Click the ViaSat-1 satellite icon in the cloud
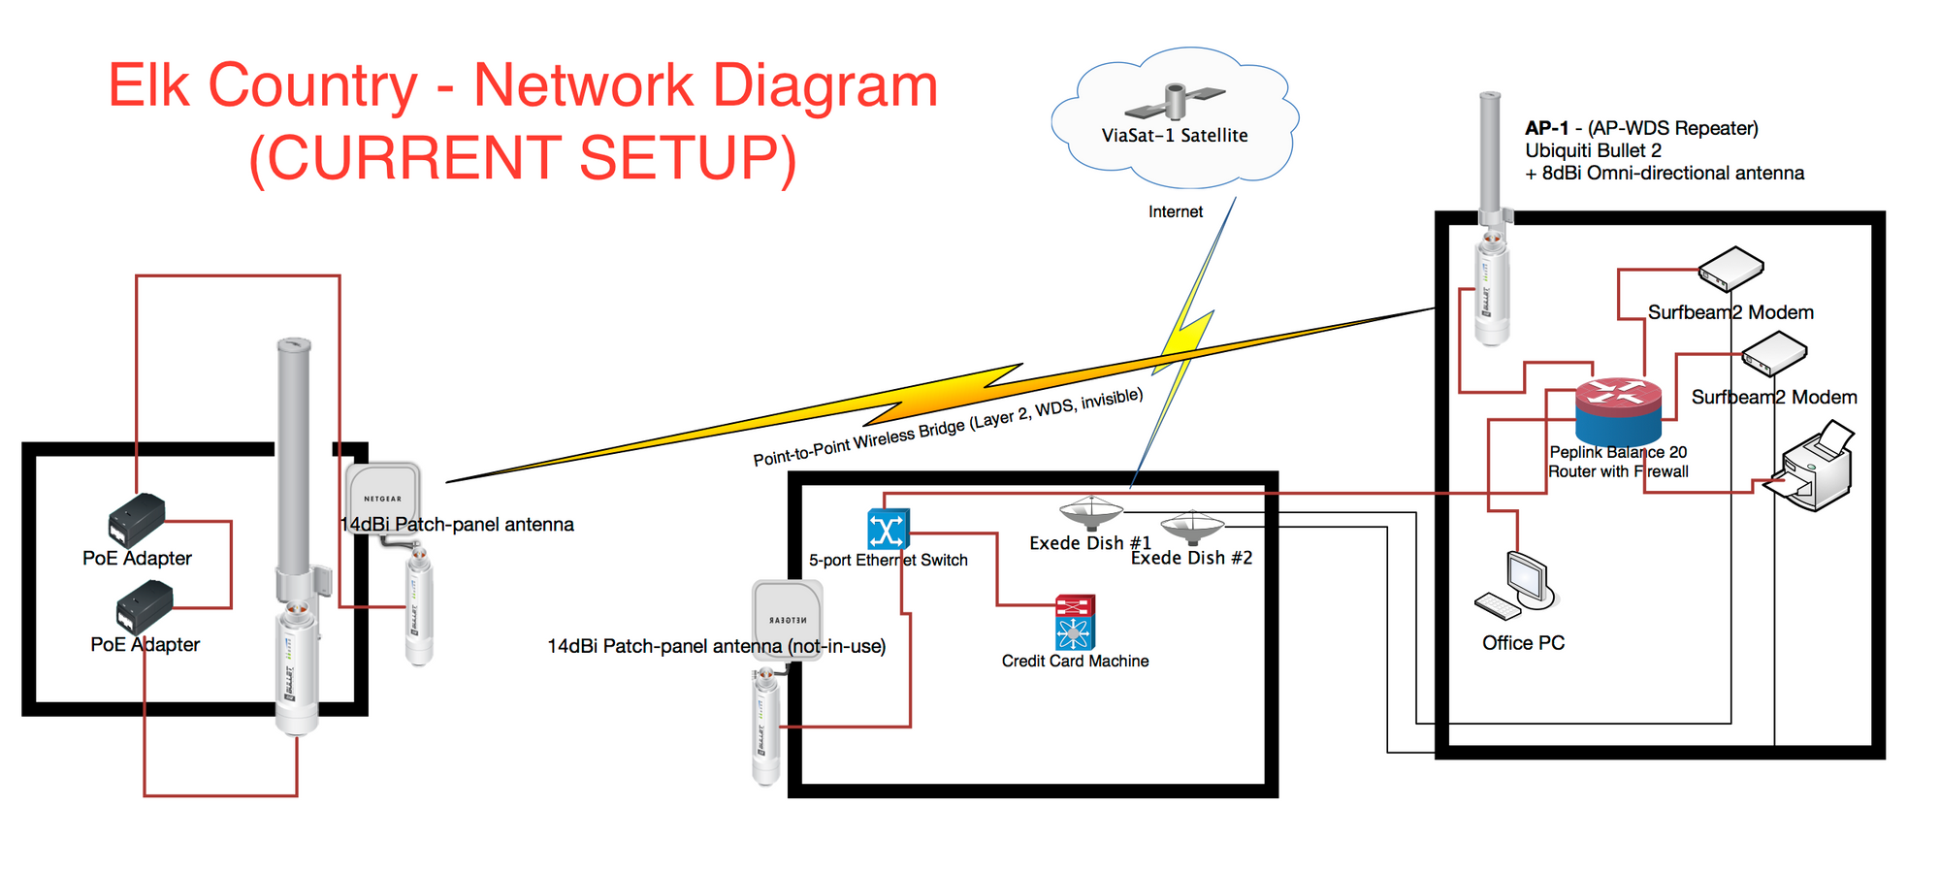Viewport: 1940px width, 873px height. pos(1175,100)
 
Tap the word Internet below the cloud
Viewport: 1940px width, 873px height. pos(1175,211)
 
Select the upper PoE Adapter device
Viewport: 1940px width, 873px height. pos(136,520)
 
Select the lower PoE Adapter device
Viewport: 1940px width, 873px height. pos(145,607)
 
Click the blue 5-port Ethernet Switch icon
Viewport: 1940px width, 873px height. pos(888,530)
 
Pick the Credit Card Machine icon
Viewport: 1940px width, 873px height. pos(1075,622)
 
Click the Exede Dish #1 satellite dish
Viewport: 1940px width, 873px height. pos(1091,511)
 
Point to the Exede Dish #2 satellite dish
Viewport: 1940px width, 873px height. pos(1192,527)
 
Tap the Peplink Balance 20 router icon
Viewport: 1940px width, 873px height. pos(1618,410)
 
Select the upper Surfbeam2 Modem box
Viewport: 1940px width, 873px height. pos(1730,269)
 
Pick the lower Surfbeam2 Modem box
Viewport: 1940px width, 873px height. pos(1774,354)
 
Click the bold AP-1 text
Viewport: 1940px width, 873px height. pos(1545,128)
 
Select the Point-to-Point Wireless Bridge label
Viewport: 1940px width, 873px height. pos(948,428)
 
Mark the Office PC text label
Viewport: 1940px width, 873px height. pos(1523,643)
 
